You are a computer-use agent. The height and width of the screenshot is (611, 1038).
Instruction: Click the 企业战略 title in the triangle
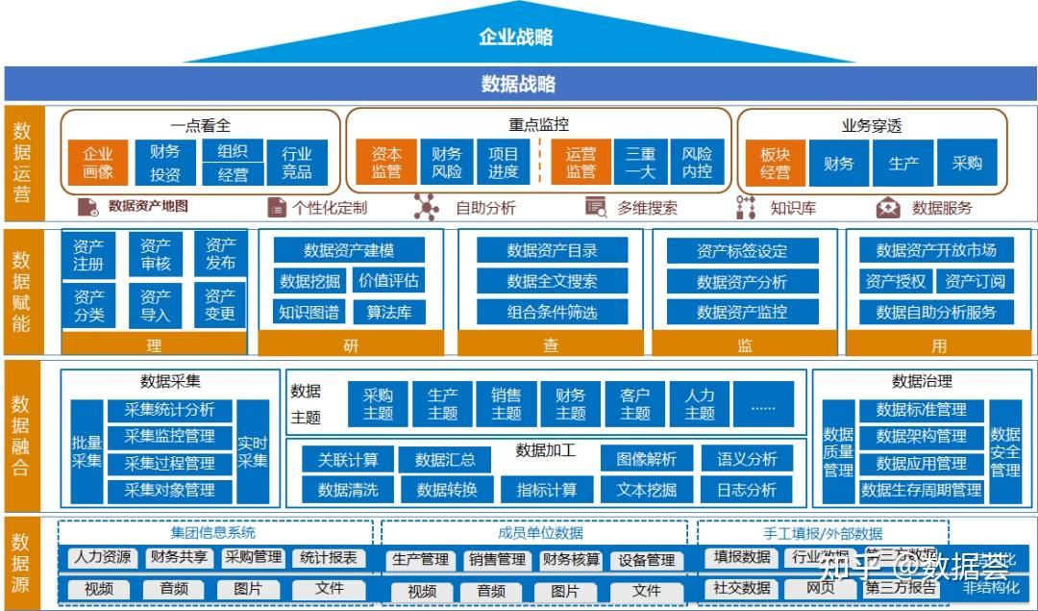[516, 38]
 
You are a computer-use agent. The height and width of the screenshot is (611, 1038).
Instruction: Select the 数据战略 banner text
[518, 84]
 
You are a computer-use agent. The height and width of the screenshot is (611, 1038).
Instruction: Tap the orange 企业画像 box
[98, 163]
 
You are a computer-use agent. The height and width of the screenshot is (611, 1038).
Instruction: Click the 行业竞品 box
[296, 163]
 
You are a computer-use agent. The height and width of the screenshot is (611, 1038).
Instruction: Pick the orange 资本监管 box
[386, 163]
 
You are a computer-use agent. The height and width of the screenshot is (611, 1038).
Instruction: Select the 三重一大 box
[640, 163]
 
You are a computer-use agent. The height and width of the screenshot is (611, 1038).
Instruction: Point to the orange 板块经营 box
[775, 163]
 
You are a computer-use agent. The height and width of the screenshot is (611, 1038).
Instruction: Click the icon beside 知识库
[746, 207]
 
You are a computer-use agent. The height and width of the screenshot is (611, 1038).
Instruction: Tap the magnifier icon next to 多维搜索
[596, 207]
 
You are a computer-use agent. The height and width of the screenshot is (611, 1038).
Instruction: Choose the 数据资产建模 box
[349, 250]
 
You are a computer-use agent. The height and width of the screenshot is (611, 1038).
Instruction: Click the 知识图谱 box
[309, 312]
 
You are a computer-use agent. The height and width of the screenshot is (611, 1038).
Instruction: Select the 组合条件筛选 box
[552, 312]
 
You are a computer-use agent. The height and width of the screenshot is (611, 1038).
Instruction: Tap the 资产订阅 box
[975, 281]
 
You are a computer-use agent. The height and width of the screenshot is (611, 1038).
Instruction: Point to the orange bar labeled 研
[351, 345]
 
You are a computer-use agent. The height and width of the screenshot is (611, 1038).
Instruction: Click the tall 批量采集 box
[86, 450]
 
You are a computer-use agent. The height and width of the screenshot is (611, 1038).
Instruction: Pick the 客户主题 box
[634, 404]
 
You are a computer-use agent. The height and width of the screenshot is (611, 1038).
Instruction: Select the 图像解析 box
[646, 459]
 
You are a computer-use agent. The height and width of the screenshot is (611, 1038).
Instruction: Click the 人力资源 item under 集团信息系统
[103, 557]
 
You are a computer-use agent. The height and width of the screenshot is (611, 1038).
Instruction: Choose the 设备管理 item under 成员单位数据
[646, 560]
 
